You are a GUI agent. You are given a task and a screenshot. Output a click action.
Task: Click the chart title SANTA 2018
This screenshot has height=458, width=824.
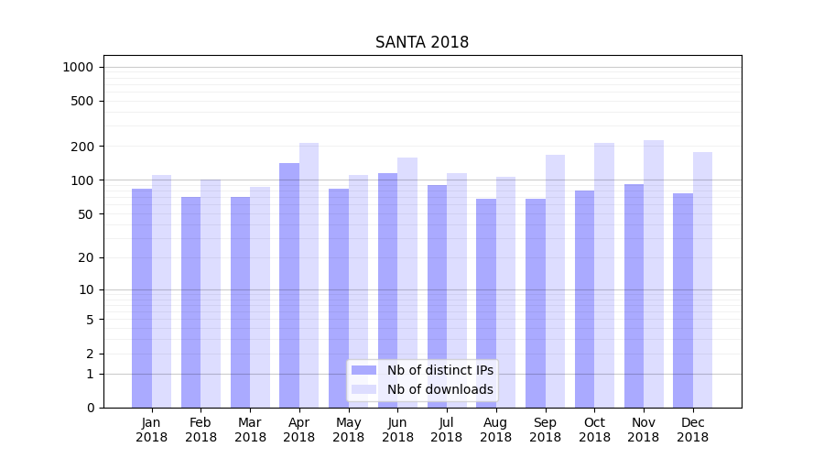click(422, 43)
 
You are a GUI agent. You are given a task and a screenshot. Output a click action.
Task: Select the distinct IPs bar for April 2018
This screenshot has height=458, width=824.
click(289, 284)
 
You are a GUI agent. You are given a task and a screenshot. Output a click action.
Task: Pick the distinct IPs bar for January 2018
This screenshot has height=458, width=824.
click(142, 298)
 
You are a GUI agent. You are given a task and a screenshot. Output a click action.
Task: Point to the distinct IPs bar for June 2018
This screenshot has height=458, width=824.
click(387, 289)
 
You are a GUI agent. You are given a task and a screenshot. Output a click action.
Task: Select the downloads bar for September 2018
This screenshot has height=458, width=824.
click(555, 280)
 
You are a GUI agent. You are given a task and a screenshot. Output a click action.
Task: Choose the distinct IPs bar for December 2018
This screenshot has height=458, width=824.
click(683, 300)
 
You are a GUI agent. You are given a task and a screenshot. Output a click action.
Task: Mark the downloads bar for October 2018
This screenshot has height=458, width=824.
click(604, 275)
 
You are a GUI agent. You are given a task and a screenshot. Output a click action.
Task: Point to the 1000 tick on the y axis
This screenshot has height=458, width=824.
click(78, 67)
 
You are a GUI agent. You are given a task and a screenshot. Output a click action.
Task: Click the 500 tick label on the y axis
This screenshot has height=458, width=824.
click(83, 101)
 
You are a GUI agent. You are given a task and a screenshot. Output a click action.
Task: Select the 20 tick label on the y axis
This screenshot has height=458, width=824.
click(86, 257)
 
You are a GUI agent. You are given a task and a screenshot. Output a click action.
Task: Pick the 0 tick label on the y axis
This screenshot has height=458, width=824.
click(90, 408)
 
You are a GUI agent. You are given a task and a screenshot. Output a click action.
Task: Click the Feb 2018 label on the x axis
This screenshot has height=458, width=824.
click(201, 430)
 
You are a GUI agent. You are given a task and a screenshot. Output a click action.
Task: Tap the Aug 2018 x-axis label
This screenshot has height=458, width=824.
click(495, 430)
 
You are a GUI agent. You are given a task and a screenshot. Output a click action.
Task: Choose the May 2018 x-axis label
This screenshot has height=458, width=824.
click(348, 430)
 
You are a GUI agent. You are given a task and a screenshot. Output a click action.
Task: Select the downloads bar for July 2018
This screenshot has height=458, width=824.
click(457, 289)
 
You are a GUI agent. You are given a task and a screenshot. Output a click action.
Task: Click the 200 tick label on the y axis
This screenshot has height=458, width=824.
click(83, 147)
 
